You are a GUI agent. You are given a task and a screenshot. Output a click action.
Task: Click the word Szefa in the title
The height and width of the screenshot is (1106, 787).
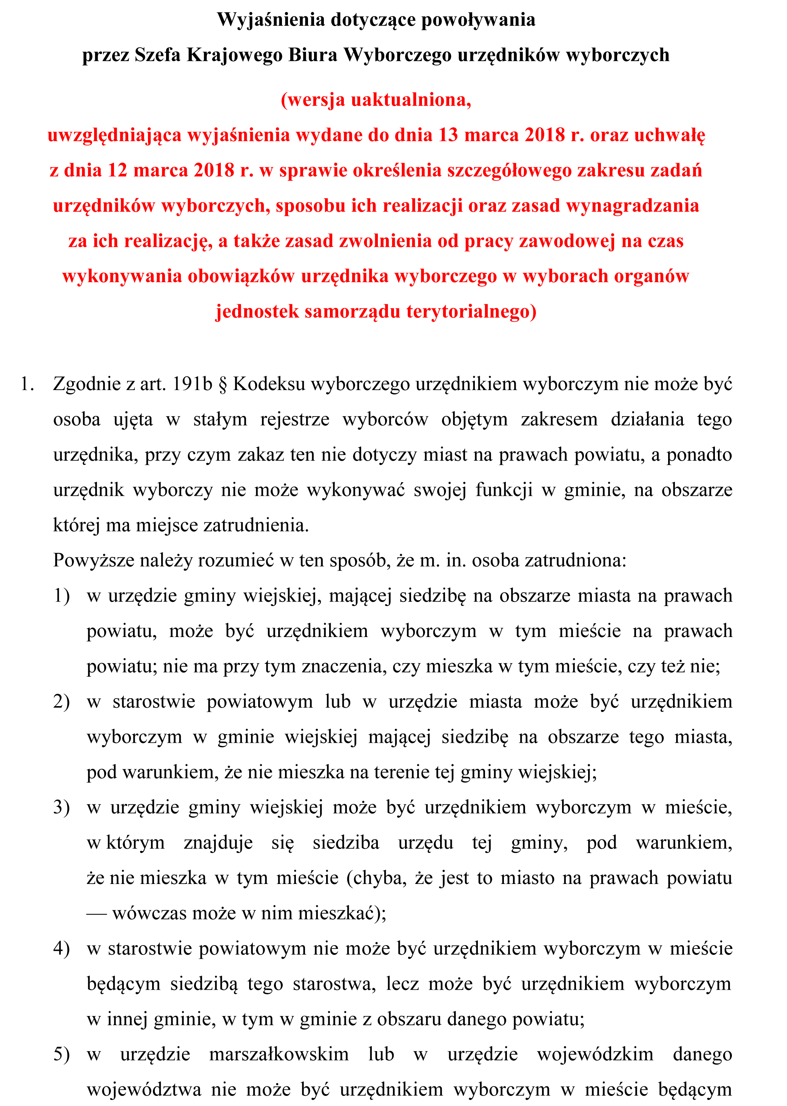[158, 55]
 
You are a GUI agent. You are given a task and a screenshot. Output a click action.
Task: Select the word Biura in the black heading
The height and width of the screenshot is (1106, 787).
[313, 55]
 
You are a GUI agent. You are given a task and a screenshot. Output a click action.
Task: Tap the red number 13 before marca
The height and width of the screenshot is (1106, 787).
[448, 135]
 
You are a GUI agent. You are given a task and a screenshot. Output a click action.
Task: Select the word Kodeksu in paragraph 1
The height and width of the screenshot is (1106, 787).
[269, 384]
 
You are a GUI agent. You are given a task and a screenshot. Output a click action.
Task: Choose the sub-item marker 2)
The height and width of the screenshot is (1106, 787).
[62, 702]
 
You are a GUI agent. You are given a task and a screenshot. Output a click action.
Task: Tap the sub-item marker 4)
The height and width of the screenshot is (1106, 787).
[62, 949]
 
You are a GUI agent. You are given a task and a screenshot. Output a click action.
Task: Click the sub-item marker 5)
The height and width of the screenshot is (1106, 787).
[62, 1054]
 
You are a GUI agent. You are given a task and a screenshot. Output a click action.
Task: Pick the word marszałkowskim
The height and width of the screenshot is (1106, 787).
[279, 1054]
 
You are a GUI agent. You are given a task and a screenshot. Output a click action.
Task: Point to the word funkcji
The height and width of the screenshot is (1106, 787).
[504, 490]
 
